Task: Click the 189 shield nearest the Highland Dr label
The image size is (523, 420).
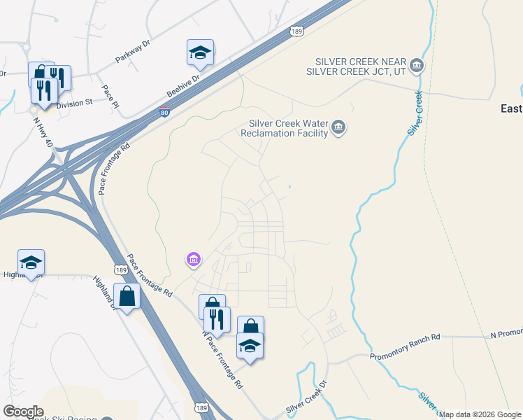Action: click(x=121, y=270)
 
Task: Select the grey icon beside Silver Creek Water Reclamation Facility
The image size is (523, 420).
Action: click(x=339, y=127)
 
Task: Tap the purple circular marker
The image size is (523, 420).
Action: click(x=193, y=260)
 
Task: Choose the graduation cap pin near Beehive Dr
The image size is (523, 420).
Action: click(x=200, y=53)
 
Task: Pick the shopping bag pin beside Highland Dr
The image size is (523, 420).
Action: click(x=127, y=297)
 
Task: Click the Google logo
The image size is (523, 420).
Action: click(x=23, y=412)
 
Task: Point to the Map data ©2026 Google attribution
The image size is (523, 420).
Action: click(x=480, y=414)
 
